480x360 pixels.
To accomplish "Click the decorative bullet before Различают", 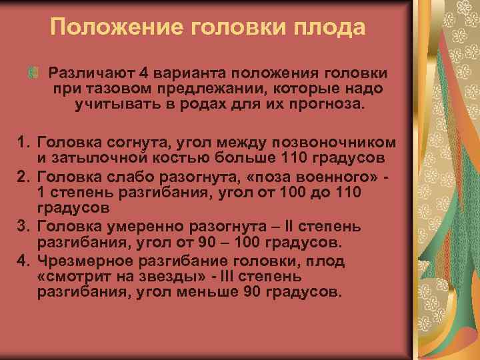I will pyautogui.click(x=32, y=71).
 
